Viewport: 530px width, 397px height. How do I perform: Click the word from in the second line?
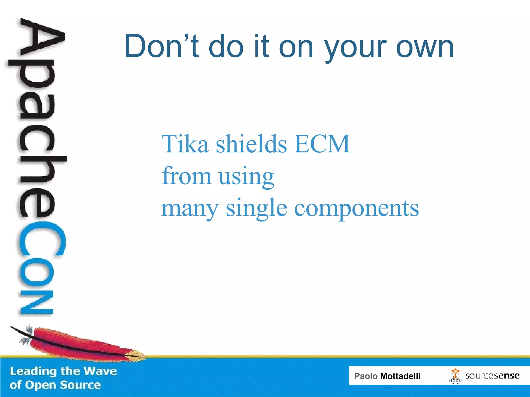coord(186,176)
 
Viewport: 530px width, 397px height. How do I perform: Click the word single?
coord(256,209)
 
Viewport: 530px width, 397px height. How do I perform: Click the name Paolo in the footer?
coord(366,376)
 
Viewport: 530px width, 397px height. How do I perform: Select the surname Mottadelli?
coord(400,376)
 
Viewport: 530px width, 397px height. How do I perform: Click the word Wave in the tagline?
coord(100,371)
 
